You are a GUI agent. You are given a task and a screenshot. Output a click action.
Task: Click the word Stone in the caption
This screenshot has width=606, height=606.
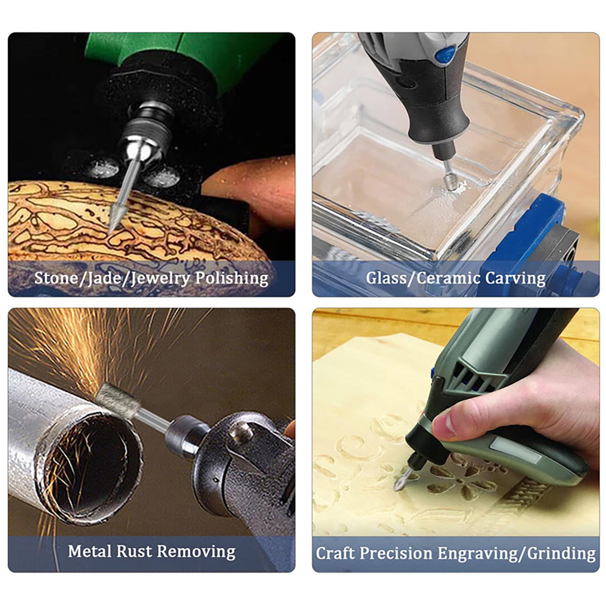(x=56, y=278)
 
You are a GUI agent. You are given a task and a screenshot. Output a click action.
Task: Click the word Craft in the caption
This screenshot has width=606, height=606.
(x=336, y=553)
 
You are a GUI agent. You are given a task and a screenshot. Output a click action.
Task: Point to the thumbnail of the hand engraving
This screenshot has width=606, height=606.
(x=444, y=423)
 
